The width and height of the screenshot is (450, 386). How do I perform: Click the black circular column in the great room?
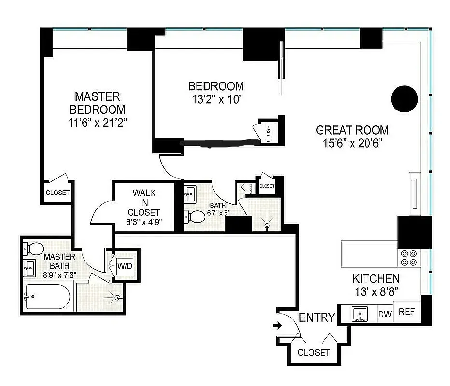(x=403, y=99)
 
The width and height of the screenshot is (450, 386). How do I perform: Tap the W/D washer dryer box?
(x=124, y=266)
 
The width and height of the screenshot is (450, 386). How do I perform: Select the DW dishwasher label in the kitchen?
(x=384, y=314)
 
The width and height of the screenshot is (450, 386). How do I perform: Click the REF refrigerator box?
(x=407, y=312)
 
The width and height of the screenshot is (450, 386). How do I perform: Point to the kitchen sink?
(x=360, y=314)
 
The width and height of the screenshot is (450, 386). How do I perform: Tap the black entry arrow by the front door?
(x=278, y=326)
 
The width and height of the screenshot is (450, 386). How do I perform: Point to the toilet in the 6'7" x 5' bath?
(x=196, y=216)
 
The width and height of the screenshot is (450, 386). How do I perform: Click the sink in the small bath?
(x=190, y=195)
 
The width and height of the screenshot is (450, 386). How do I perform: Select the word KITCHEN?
(x=376, y=278)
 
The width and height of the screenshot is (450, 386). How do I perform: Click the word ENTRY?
(x=317, y=317)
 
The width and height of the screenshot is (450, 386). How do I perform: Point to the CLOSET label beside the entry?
(x=313, y=353)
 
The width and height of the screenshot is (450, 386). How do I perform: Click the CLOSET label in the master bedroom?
(x=57, y=193)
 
